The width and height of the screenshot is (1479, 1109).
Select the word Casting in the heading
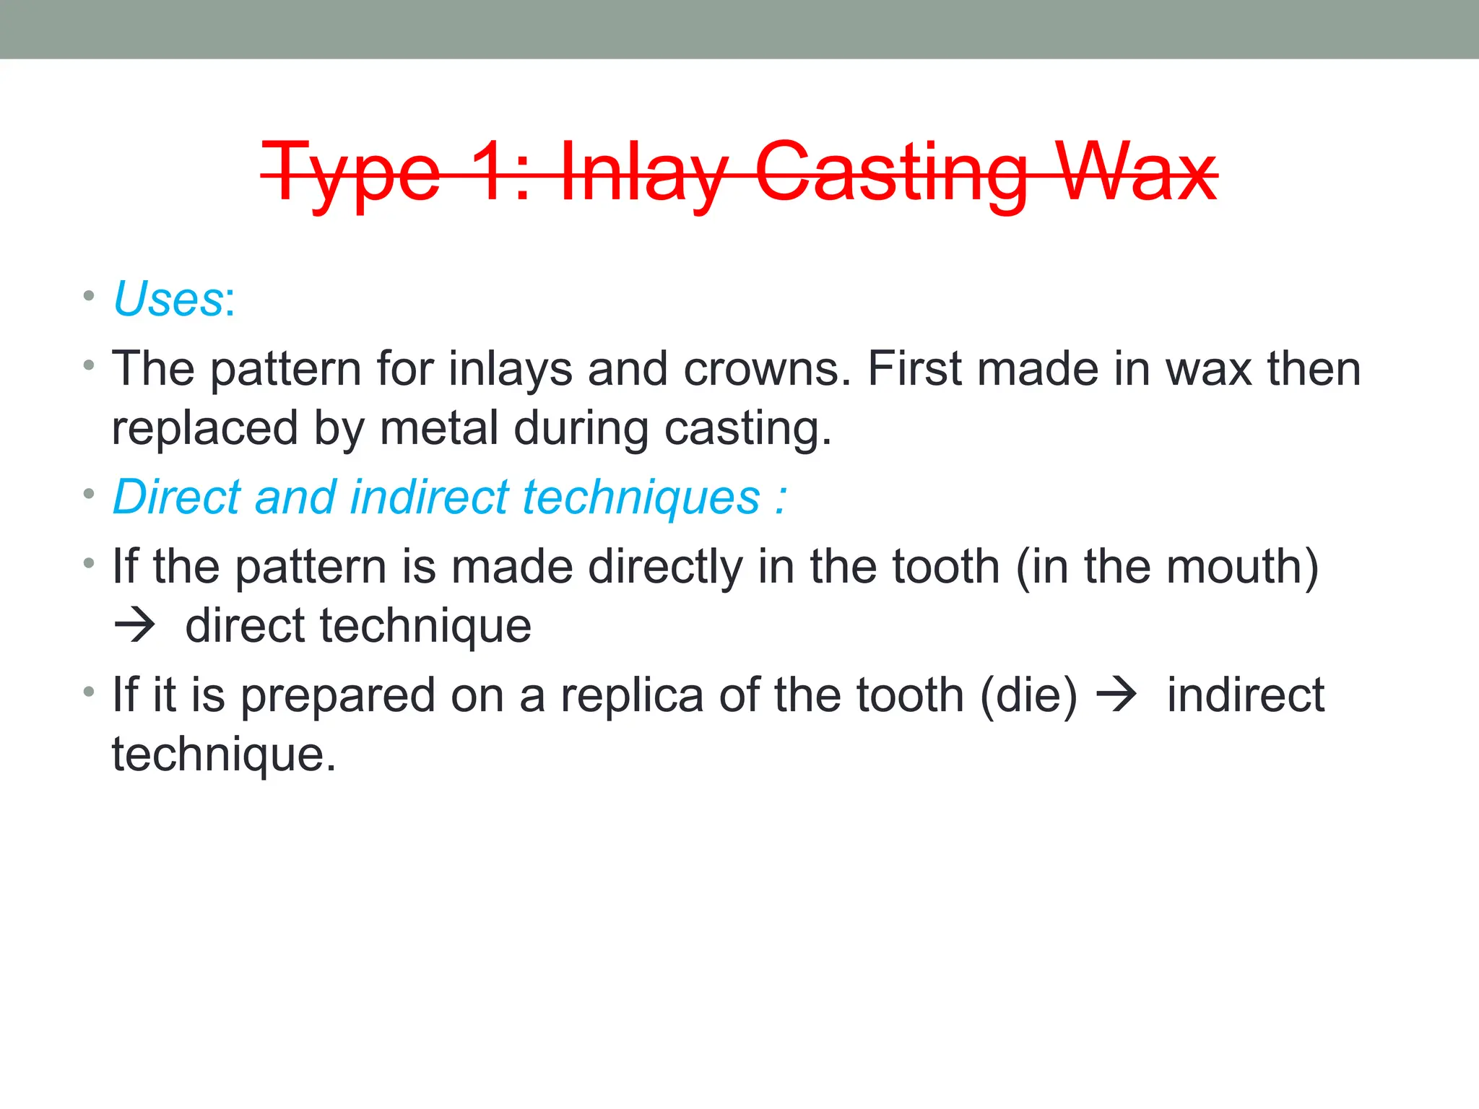(891, 173)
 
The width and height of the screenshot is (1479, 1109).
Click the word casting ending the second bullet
(747, 430)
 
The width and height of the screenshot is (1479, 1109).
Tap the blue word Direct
(177, 497)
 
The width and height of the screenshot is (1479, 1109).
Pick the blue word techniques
(641, 497)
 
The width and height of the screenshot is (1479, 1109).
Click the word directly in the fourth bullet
(664, 567)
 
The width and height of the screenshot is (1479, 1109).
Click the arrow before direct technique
(135, 625)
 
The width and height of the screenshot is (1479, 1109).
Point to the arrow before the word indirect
(1116, 695)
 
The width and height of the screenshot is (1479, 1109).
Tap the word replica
(632, 697)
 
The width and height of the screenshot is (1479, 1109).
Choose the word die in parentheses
(1028, 697)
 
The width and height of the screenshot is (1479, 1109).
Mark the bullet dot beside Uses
(89, 295)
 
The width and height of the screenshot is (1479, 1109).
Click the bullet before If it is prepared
(89, 692)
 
